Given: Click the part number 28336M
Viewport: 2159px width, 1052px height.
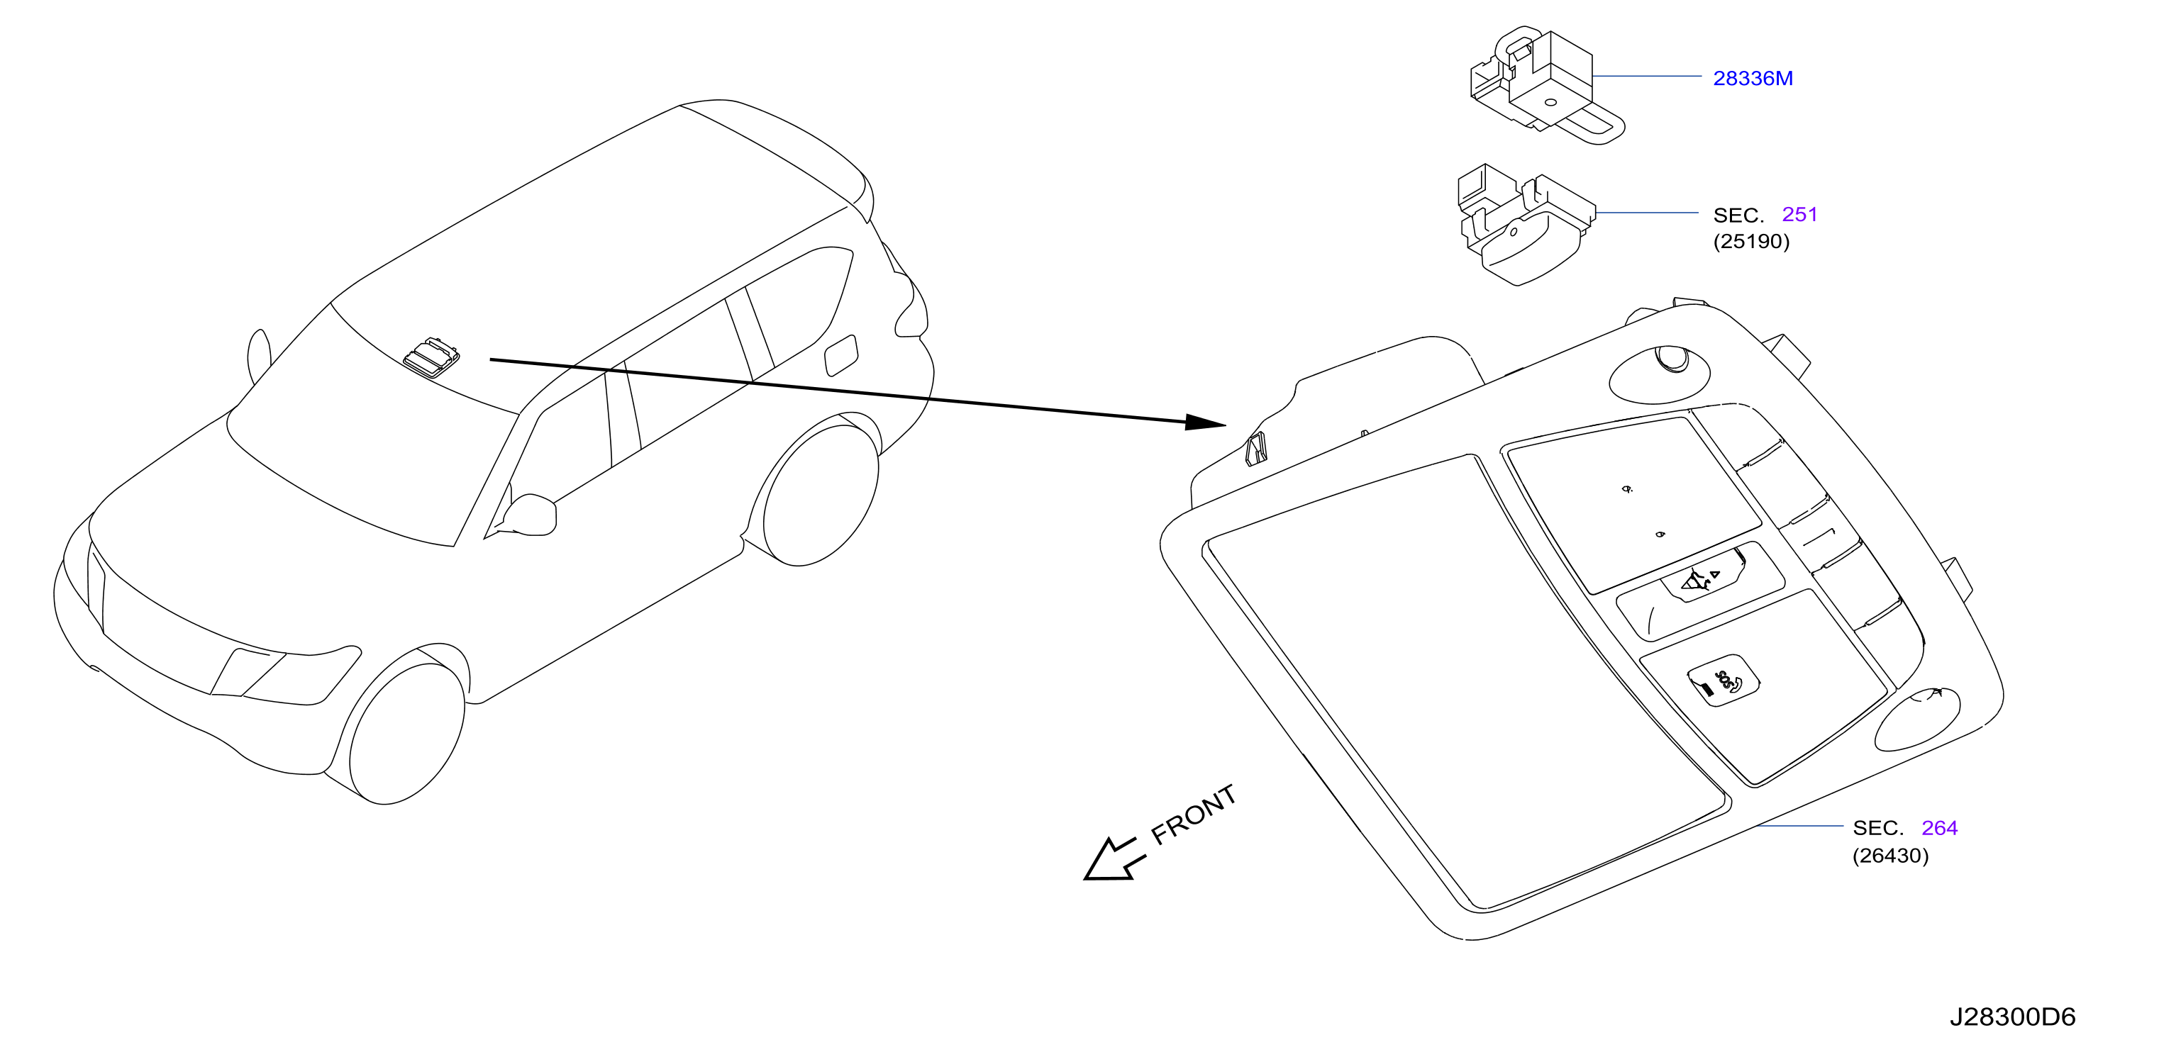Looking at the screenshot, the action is (x=1753, y=78).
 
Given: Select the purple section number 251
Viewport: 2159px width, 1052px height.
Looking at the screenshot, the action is (x=1799, y=214).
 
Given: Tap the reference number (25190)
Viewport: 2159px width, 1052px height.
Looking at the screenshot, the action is (x=1751, y=241).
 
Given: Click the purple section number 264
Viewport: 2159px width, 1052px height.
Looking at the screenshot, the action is (x=1939, y=827).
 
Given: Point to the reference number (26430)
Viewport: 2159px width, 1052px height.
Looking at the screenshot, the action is (x=1890, y=855).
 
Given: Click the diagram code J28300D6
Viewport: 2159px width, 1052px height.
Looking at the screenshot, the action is (x=2012, y=1017).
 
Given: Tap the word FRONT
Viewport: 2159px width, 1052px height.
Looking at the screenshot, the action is (x=1193, y=814).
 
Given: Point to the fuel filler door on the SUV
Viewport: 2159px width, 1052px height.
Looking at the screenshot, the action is (x=841, y=356).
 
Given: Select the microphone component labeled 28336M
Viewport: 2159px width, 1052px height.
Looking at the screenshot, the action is (x=1546, y=84).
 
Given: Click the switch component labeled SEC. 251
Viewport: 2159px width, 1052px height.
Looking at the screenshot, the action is (x=1526, y=225).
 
